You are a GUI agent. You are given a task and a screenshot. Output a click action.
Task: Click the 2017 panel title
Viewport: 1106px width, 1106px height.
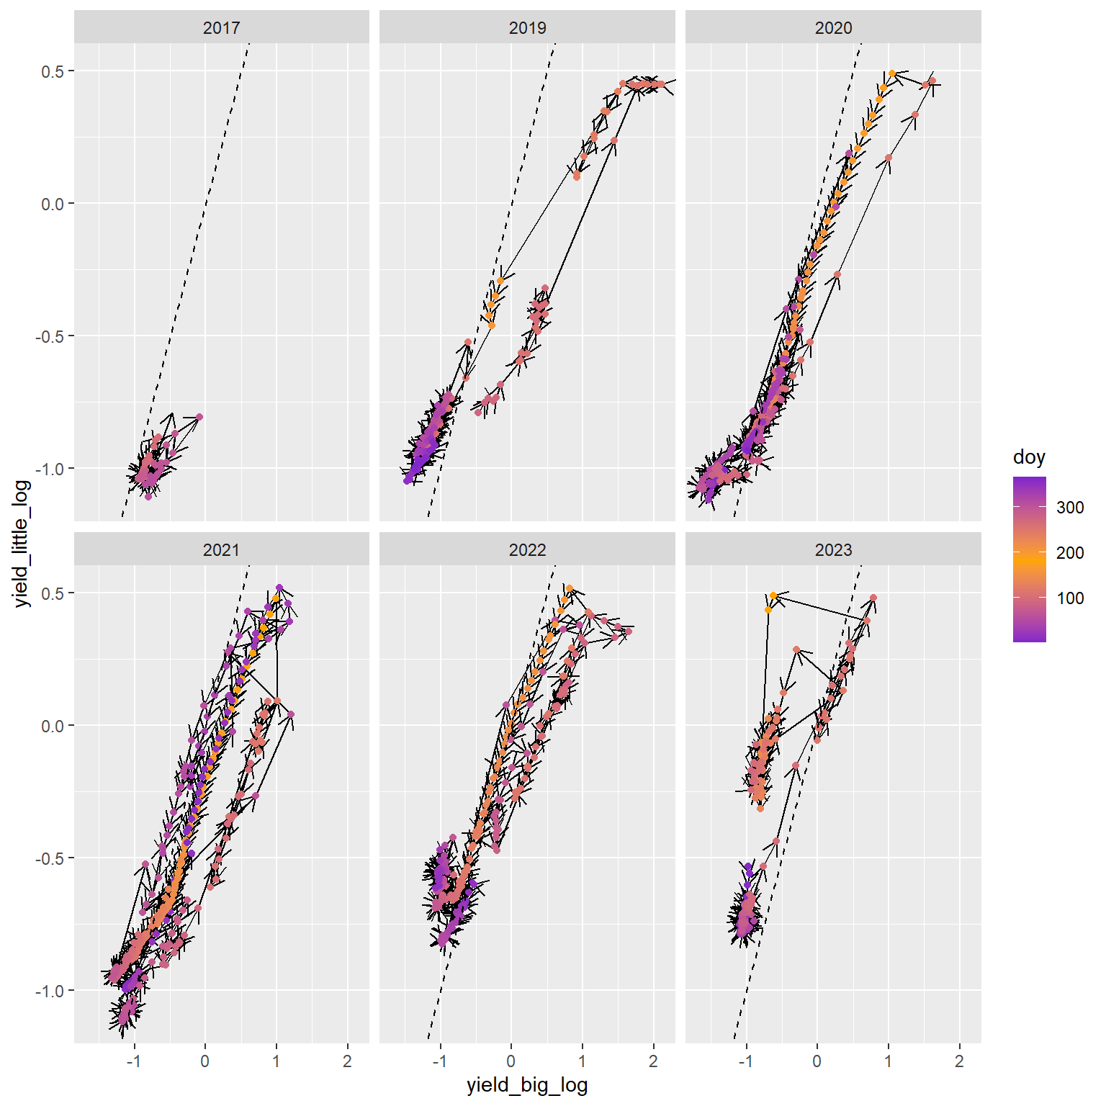coord(221,28)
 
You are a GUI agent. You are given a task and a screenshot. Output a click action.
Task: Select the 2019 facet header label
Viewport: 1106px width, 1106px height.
coord(527,28)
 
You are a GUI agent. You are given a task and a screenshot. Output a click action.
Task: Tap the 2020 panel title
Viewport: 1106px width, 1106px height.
coord(833,28)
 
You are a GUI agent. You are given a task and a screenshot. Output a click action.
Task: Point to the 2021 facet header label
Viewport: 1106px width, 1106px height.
coord(221,550)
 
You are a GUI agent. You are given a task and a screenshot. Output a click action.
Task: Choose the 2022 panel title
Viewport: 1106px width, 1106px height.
coord(527,550)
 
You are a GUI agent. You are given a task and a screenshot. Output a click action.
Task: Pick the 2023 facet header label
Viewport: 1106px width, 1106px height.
coord(833,550)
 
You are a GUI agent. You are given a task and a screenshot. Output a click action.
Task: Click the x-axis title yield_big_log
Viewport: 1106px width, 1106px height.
coord(527,1085)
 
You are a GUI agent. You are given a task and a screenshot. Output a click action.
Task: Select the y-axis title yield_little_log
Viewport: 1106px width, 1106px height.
coord(22,544)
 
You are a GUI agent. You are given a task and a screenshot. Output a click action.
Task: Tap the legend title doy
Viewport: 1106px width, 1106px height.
coord(1029,457)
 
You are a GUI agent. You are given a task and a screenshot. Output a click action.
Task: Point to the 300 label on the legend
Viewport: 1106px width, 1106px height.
coord(1070,508)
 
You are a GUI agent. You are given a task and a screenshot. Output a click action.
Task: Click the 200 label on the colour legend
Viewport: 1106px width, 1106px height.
coord(1070,553)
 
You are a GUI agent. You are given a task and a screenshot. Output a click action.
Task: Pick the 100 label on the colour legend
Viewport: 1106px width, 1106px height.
coord(1070,598)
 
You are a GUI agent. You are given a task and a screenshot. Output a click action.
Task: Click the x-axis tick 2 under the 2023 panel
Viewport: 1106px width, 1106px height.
coord(959,1061)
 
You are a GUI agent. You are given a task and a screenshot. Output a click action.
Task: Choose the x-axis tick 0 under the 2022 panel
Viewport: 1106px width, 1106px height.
coord(511,1061)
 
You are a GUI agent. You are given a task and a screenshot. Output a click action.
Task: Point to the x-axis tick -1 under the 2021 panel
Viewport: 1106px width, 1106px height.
coord(133,1061)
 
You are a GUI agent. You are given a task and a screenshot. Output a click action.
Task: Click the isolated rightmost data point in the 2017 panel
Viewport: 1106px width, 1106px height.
coord(199,417)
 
